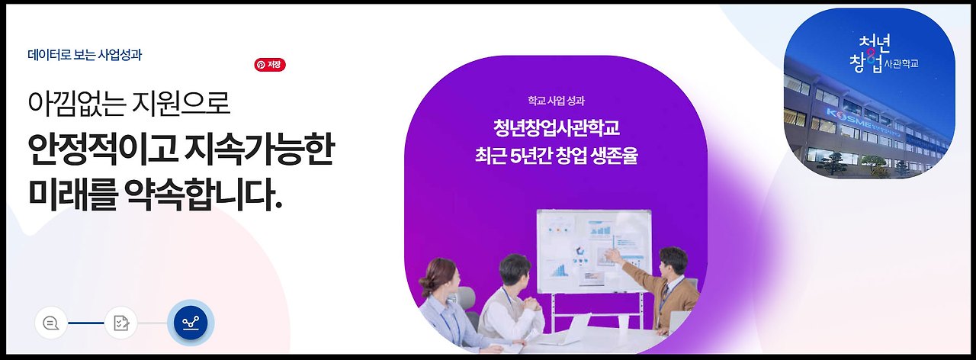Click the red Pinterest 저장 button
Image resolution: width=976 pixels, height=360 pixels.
pos(270,65)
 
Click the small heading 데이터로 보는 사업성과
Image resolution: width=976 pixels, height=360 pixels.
pos(85,55)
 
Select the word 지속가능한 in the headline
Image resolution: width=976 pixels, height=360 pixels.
pos(258,150)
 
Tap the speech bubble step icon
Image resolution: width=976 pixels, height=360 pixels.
pos(51,323)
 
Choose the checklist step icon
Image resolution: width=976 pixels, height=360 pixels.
pos(121,323)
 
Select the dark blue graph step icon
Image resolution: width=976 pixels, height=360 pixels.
pos(191,323)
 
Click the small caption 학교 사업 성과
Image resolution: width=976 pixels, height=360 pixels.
pos(556,100)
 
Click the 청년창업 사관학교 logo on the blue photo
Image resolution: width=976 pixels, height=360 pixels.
pos(877,53)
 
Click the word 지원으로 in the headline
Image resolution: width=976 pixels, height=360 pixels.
pos(183,103)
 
